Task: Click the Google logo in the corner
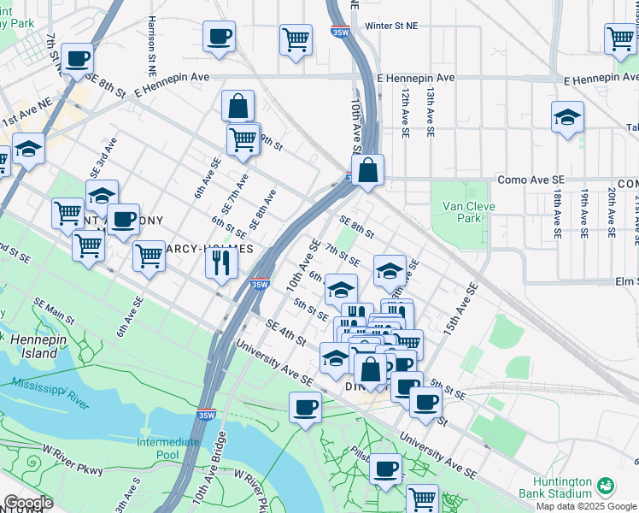click(28, 503)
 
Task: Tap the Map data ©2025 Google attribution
click(586, 506)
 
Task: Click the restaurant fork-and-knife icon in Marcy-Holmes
click(220, 263)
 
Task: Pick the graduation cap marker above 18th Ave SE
click(567, 118)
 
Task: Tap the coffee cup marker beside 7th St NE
click(77, 59)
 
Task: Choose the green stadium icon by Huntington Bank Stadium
click(606, 485)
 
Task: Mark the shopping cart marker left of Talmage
click(619, 38)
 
